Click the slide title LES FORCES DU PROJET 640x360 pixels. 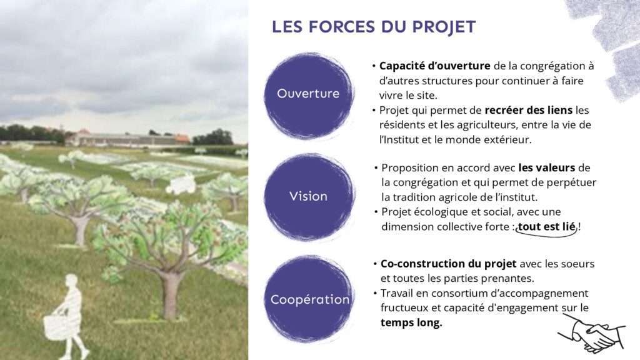pyautogui.click(x=374, y=27)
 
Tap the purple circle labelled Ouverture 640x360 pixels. pyautogui.click(x=309, y=96)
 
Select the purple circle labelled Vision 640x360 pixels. pyautogui.click(x=309, y=197)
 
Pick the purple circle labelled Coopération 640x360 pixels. pyautogui.click(x=309, y=299)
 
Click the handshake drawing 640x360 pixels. pyautogui.click(x=591, y=333)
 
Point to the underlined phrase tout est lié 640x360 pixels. pyautogui.click(x=546, y=226)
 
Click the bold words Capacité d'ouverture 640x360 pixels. pyautogui.click(x=435, y=66)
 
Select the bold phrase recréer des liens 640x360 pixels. pyautogui.click(x=528, y=110)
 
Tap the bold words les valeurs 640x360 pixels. pyautogui.click(x=546, y=167)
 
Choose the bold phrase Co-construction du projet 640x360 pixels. pyautogui.click(x=448, y=264)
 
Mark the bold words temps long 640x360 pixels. pyautogui.click(x=411, y=323)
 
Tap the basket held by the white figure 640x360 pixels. pyautogui.click(x=56, y=325)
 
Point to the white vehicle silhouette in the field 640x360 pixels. pyautogui.click(x=181, y=184)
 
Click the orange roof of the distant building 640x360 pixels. pyautogui.click(x=182, y=139)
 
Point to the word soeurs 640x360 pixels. pyautogui.click(x=577, y=264)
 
